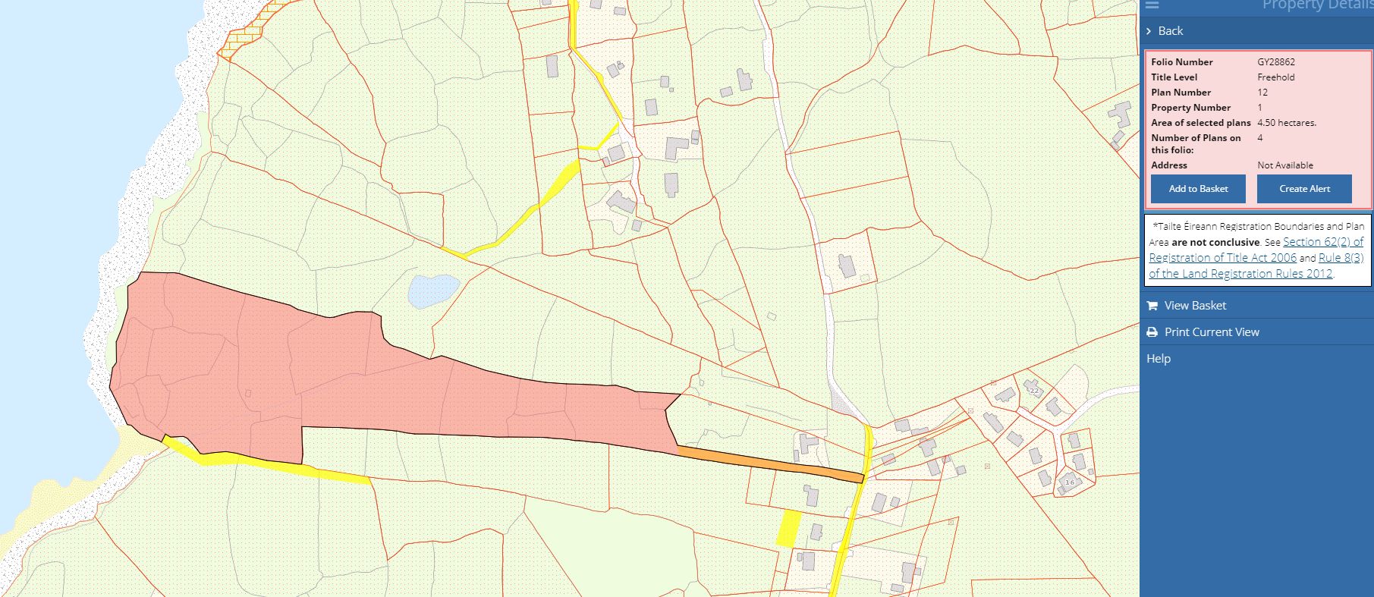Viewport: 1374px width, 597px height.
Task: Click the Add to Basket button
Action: pyautogui.click(x=1197, y=189)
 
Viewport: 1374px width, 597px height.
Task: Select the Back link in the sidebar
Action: pyautogui.click(x=1170, y=31)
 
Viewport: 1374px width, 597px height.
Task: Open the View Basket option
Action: pyautogui.click(x=1195, y=306)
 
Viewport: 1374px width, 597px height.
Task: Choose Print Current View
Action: pyautogui.click(x=1212, y=332)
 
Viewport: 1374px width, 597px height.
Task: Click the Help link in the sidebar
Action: pyautogui.click(x=1159, y=359)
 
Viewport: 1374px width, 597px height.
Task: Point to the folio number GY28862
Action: pyautogui.click(x=1275, y=62)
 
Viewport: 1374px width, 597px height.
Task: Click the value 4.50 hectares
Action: pyautogui.click(x=1286, y=123)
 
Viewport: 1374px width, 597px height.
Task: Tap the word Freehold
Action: pyautogui.click(x=1275, y=77)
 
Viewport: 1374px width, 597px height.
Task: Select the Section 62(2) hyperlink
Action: pyautogui.click(x=1323, y=242)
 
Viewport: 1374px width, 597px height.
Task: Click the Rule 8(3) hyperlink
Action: pyautogui.click(x=1341, y=258)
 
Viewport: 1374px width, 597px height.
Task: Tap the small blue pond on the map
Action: pyautogui.click(x=433, y=291)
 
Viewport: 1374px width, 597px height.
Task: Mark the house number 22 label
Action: pyautogui.click(x=1033, y=391)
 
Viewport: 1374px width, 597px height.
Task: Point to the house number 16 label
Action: pyautogui.click(x=1070, y=482)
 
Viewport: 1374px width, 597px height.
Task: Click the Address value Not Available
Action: pyautogui.click(x=1284, y=165)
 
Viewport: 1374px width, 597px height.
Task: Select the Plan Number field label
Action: pyautogui.click(x=1181, y=93)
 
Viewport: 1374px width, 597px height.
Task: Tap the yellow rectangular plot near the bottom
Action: pyautogui.click(x=789, y=528)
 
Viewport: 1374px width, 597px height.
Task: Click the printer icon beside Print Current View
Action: pyautogui.click(x=1152, y=332)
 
